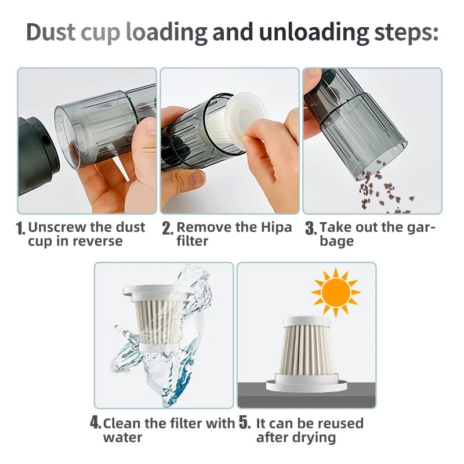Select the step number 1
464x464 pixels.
click(21, 228)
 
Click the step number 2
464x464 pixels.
click(167, 228)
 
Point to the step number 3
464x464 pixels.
click(310, 228)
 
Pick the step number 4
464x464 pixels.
click(96, 423)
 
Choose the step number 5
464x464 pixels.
click(245, 423)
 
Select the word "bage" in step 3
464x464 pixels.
click(336, 241)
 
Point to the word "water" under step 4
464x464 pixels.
click(122, 437)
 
